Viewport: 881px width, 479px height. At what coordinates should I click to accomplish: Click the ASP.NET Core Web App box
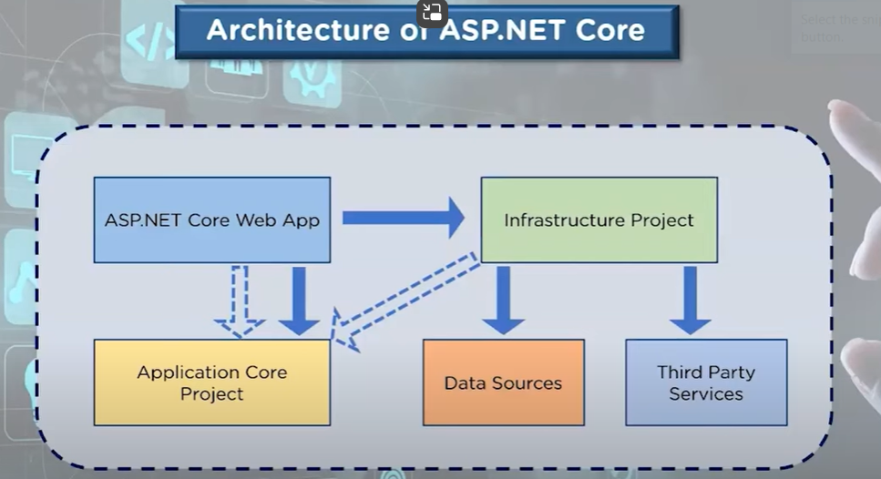click(211, 219)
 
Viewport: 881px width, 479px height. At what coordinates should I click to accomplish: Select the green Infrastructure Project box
click(599, 219)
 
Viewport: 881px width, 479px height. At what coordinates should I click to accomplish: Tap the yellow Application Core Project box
click(211, 382)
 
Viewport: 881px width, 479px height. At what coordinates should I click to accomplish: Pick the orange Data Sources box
click(503, 382)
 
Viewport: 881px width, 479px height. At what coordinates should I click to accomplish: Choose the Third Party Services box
click(706, 382)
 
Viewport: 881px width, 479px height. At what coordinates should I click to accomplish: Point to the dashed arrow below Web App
click(239, 301)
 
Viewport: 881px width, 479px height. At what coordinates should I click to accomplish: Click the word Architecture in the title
click(282, 30)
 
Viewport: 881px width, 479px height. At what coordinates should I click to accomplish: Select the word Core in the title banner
click(608, 30)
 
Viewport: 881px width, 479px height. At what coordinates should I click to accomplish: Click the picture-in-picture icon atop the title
click(432, 13)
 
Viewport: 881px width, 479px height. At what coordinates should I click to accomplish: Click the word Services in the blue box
click(706, 394)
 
